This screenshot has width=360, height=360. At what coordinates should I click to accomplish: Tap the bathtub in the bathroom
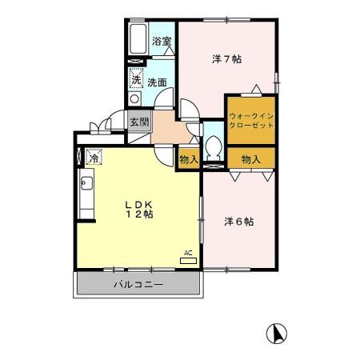pyautogui.click(x=137, y=41)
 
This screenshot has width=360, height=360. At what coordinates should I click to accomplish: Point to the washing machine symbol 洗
pyautogui.click(x=136, y=79)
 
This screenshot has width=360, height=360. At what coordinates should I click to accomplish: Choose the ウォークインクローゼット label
pyautogui.click(x=251, y=121)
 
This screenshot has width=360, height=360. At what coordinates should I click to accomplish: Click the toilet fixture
pyautogui.click(x=214, y=146)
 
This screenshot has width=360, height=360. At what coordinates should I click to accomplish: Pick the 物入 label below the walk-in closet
pyautogui.click(x=251, y=159)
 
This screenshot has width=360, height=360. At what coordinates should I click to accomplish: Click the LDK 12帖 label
pyautogui.click(x=138, y=209)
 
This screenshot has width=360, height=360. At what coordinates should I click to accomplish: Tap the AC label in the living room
pyautogui.click(x=189, y=253)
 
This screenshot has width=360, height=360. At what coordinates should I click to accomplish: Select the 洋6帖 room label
pyautogui.click(x=238, y=222)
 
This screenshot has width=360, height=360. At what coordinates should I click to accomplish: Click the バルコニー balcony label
pyautogui.click(x=138, y=285)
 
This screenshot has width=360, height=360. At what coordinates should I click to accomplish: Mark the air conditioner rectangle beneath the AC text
pyautogui.click(x=189, y=261)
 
